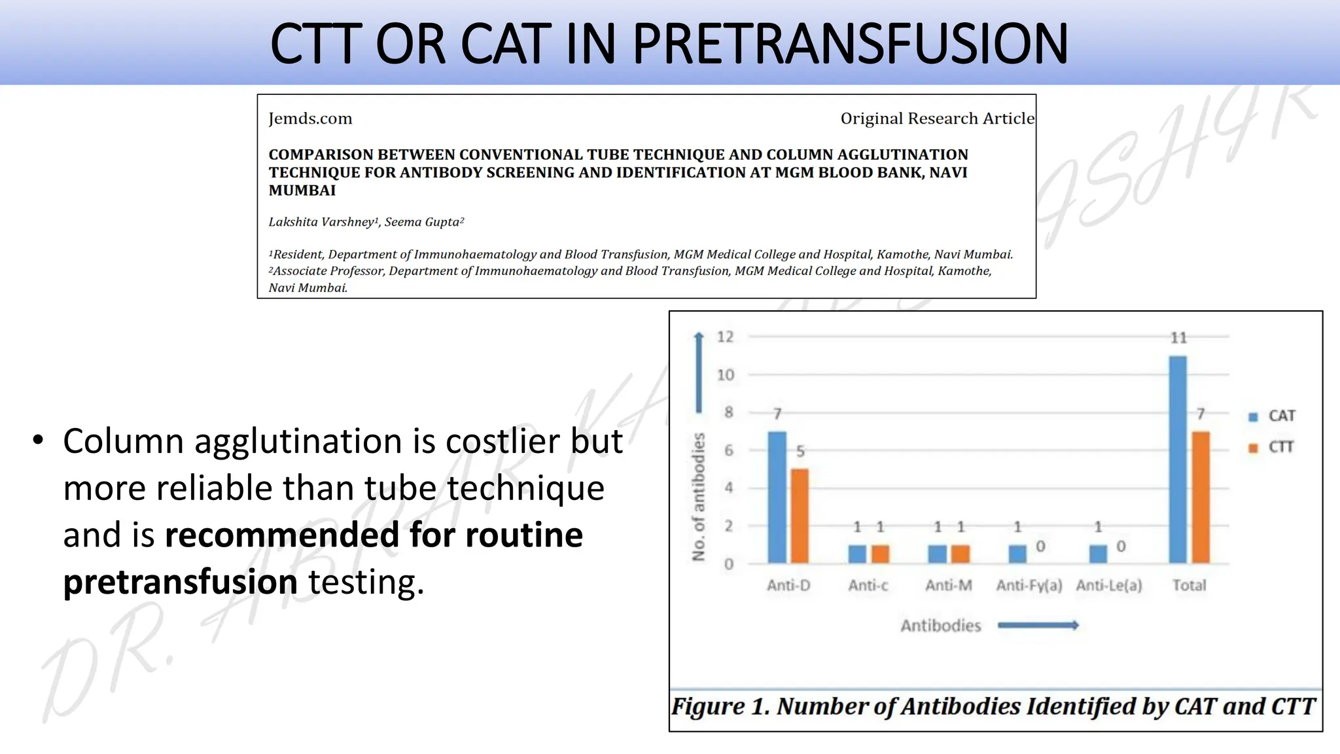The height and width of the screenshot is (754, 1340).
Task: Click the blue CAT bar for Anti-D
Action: [777, 497]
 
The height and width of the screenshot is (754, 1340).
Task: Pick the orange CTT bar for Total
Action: [1201, 497]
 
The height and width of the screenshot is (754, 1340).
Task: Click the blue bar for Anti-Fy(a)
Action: [1017, 554]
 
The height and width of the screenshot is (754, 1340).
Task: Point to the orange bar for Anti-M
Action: [960, 554]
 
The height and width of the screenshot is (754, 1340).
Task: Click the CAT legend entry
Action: [1273, 416]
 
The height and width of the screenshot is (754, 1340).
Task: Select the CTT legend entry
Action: [1273, 448]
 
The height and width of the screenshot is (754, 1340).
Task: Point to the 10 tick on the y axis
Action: [726, 375]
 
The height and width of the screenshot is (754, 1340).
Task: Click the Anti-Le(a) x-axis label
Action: [1109, 585]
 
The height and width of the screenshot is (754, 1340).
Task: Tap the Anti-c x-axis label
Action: [868, 585]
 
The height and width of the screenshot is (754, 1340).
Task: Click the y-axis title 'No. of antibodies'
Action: [699, 497]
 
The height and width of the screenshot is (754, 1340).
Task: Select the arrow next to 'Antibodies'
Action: [1038, 626]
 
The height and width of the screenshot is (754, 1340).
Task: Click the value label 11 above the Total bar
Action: [1178, 338]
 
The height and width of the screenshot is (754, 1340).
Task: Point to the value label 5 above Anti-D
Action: [800, 452]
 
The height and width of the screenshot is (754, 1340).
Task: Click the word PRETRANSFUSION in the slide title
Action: [850, 45]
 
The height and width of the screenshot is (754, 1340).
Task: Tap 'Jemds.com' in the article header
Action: [310, 118]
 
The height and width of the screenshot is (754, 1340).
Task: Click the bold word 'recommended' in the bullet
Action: [281, 535]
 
